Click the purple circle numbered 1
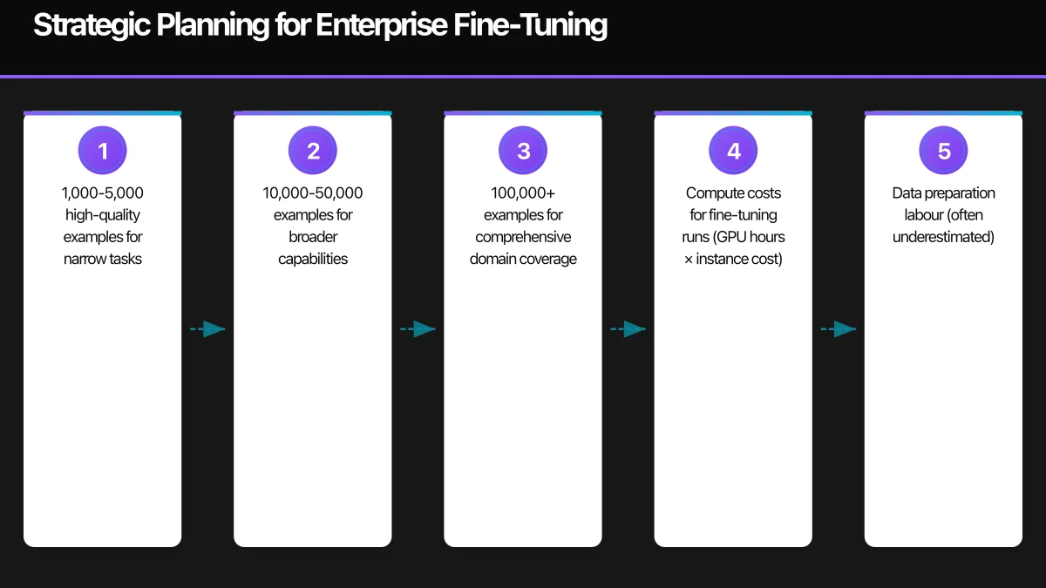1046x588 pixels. point(103,151)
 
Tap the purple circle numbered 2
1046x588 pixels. point(313,151)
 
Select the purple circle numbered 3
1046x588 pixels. point(523,151)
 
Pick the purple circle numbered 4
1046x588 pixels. point(733,151)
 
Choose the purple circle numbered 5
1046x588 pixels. point(943,151)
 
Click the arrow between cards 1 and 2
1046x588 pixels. point(207,329)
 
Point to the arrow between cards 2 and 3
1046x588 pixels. point(418,329)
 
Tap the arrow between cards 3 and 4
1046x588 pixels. point(628,329)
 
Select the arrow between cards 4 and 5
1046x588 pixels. point(838,329)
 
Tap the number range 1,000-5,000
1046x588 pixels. point(103,193)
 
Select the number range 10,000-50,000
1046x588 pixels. point(313,193)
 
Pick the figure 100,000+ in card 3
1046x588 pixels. point(523,193)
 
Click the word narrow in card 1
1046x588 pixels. point(84,259)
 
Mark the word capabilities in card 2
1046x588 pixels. point(313,259)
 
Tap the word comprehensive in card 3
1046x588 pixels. point(523,237)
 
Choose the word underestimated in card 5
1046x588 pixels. point(943,237)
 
